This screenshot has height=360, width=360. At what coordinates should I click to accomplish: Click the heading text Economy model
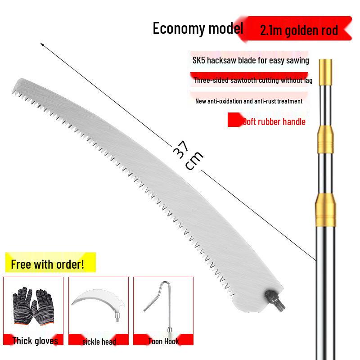coord(198,28)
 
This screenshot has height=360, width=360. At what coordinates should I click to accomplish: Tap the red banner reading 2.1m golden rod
coord(296,28)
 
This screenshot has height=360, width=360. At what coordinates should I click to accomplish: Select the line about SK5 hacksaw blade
coord(251,60)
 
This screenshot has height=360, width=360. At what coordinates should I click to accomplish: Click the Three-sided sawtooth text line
coord(253,80)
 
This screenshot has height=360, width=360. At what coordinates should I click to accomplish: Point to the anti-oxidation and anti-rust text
coord(249,101)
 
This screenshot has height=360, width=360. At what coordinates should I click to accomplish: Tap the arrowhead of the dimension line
coord(41,44)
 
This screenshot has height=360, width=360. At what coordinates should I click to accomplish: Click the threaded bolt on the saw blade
coord(275,300)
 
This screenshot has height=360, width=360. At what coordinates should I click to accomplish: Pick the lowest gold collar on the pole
coord(325,210)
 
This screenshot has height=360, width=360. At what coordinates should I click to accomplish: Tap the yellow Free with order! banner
coord(50,262)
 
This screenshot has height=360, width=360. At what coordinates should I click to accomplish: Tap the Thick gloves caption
coord(35,341)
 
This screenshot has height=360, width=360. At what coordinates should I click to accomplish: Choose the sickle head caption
coord(99,342)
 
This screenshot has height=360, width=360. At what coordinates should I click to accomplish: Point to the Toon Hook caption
coord(163,341)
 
